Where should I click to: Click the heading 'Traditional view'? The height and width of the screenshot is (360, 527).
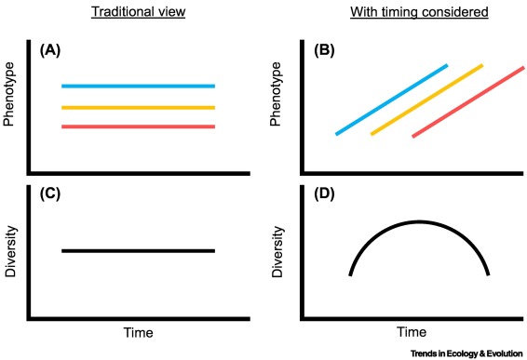138,12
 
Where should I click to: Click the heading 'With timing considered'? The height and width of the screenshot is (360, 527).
406,12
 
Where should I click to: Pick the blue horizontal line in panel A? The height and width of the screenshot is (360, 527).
138,87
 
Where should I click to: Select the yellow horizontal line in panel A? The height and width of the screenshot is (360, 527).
138,108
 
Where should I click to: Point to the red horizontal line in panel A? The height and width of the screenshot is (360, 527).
138,127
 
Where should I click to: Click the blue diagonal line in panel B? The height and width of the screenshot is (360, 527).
391,100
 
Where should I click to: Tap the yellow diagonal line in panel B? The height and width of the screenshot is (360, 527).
426,100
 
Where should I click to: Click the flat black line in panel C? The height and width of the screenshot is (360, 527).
138,250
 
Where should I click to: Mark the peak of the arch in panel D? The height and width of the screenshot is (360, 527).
419,221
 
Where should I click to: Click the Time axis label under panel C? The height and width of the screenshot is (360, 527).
138,332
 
